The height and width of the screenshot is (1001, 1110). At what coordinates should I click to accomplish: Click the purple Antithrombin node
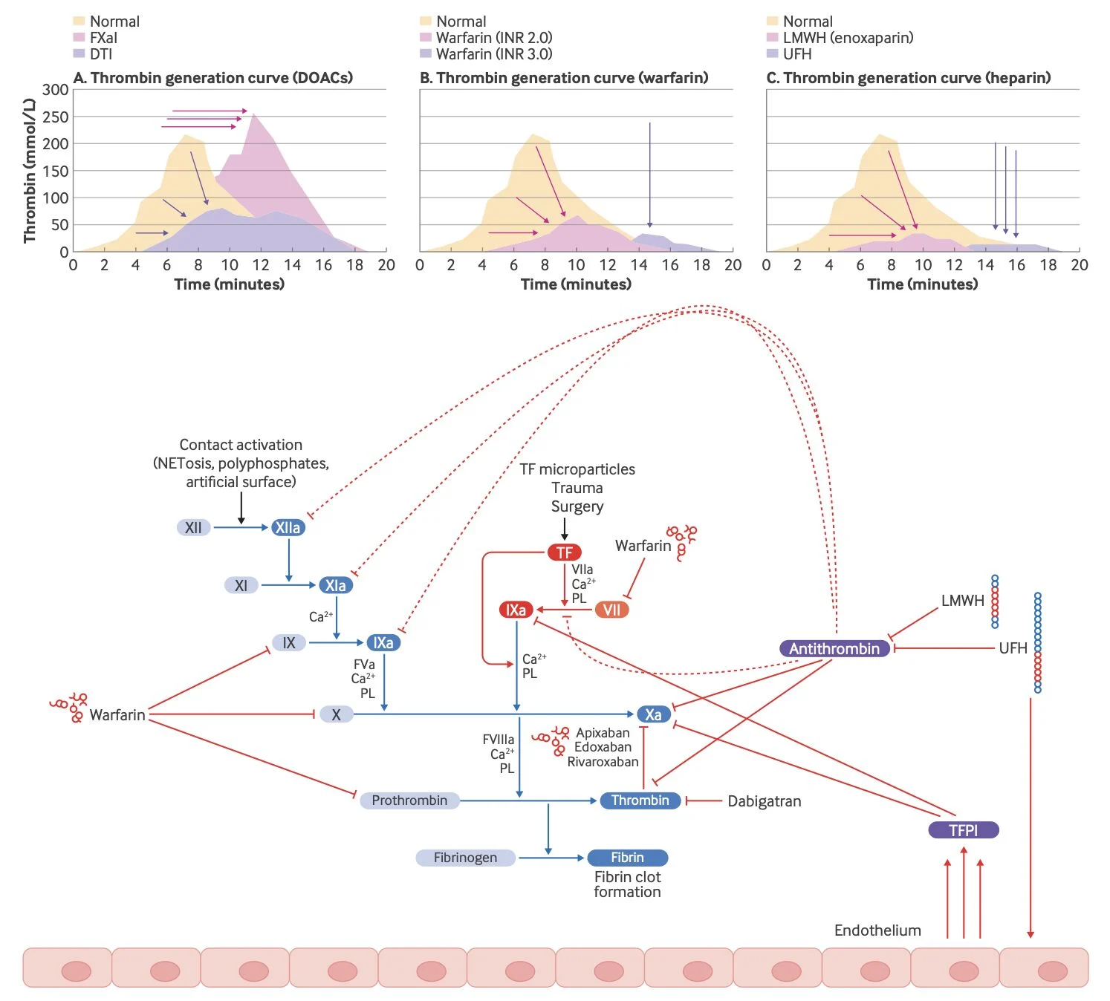tap(834, 648)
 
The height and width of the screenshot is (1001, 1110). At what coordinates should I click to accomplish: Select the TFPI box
tap(964, 830)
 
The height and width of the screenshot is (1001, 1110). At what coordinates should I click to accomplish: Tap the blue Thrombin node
tap(640, 801)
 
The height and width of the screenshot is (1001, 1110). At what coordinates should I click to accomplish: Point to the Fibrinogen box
tap(465, 857)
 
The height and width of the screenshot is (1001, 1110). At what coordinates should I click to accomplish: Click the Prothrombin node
tap(409, 801)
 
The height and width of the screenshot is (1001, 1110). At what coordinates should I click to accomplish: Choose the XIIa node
tap(288, 527)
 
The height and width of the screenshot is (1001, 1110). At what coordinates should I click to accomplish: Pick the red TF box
tap(565, 552)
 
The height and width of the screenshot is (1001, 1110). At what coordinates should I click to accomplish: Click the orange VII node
tap(611, 610)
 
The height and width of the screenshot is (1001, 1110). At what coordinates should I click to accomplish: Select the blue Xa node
tap(654, 714)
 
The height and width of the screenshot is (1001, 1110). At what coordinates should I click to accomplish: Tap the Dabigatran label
tap(765, 801)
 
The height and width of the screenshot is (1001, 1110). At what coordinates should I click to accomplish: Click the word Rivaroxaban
tap(603, 762)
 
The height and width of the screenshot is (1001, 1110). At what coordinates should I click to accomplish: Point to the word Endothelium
tap(877, 930)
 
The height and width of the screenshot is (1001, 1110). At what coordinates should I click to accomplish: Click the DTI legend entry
tap(93, 53)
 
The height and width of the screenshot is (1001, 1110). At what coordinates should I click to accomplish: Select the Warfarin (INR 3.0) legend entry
tap(486, 53)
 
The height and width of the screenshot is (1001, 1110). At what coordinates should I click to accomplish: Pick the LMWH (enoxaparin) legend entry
tap(840, 38)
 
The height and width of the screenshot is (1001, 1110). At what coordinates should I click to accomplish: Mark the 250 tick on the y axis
tap(56, 117)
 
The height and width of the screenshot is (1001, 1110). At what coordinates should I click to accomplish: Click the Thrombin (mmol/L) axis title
tap(29, 170)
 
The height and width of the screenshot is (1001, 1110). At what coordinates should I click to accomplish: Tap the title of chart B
tap(564, 77)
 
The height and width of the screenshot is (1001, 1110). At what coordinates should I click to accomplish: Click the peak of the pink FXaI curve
tap(253, 114)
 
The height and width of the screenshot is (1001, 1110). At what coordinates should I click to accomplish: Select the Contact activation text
tap(241, 445)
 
